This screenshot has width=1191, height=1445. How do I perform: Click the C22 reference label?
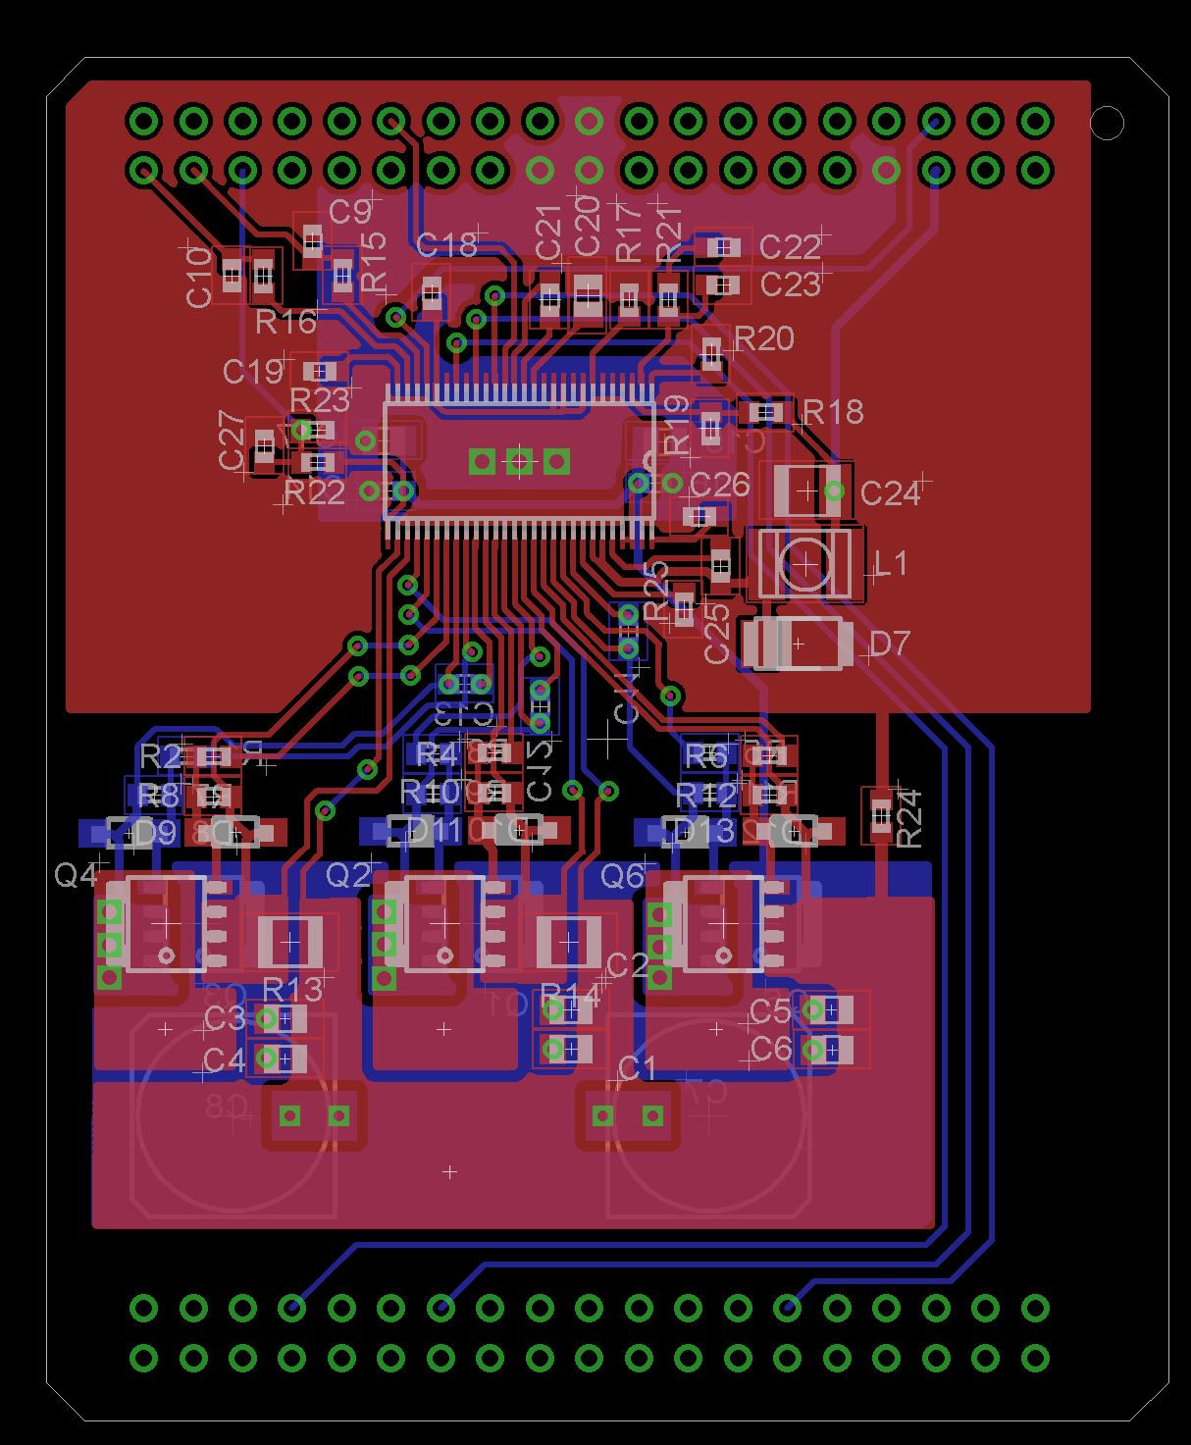pos(789,246)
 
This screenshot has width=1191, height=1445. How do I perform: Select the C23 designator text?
pos(789,284)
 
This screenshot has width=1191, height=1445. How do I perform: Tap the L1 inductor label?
pos(891,563)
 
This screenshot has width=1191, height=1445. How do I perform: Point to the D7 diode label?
pos(890,644)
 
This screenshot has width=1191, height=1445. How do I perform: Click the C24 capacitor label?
pos(890,492)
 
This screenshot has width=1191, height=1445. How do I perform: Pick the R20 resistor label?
pos(763,338)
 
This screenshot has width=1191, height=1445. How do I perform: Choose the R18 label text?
pos(833,412)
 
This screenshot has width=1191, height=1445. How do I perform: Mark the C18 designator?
pos(446,245)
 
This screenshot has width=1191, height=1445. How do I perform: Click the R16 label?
pos(285,321)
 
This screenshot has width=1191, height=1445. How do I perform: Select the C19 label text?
pos(252,372)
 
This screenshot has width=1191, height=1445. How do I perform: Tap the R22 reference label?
pos(315,491)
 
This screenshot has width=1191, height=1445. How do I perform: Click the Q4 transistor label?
pos(76,874)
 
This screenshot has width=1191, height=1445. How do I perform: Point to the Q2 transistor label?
pos(348,874)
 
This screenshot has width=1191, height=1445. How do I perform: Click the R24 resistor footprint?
pos(881,815)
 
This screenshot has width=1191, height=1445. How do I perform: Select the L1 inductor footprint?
pos(805,564)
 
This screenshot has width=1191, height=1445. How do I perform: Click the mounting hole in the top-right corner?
pos(1107,123)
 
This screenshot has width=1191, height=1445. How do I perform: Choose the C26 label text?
pos(719,485)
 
